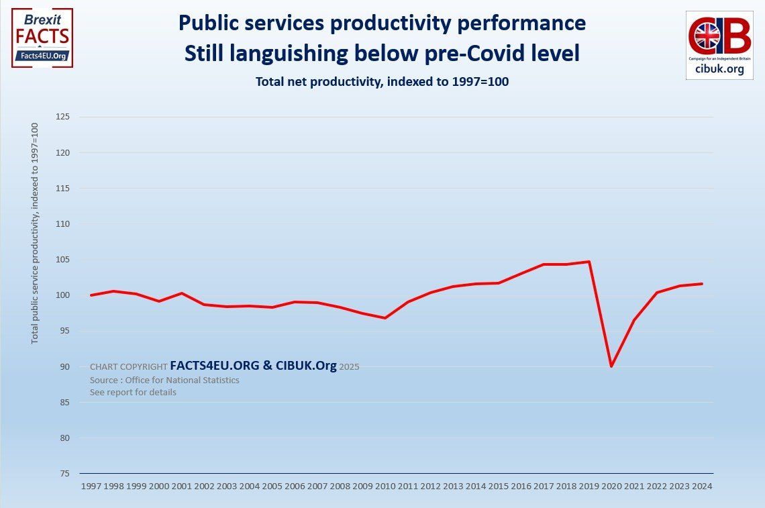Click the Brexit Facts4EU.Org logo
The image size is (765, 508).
42,38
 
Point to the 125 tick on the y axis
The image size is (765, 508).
65,117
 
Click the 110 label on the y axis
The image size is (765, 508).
65,224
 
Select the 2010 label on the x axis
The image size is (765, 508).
385,485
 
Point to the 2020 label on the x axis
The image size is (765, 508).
611,485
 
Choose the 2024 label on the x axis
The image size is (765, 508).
702,485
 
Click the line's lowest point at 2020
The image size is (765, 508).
611,366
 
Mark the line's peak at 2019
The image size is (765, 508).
589,262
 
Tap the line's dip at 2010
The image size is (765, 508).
385,318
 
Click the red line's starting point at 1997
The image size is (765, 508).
91,295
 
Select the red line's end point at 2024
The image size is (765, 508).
702,284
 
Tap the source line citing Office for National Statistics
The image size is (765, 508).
164,380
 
